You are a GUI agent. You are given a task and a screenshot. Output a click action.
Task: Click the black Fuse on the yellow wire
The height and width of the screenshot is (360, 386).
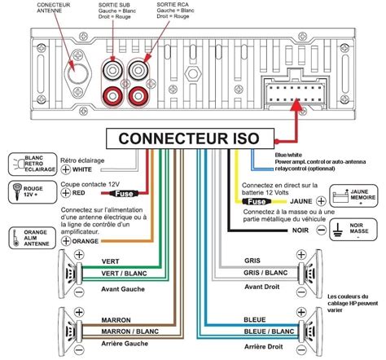257,200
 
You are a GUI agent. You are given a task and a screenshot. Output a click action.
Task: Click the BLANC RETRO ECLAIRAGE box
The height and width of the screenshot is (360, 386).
27,165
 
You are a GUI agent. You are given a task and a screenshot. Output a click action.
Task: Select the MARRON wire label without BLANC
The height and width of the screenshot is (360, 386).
94,320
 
